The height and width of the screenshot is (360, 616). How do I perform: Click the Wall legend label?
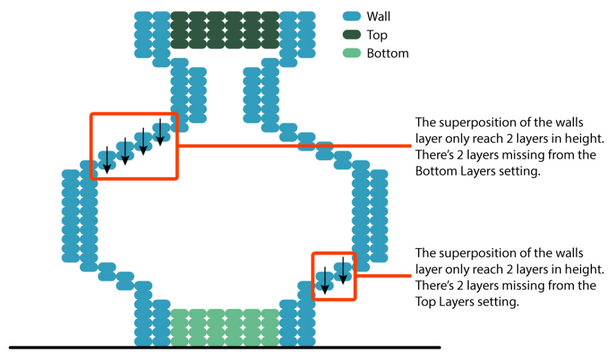(378, 17)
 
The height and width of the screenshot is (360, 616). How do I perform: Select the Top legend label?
(377, 35)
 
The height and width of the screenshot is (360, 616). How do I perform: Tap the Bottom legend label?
(387, 53)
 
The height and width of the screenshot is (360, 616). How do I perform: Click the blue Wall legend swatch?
(352, 17)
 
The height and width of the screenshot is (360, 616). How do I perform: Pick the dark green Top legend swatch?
(352, 35)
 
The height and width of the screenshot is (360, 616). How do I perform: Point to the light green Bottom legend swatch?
(352, 53)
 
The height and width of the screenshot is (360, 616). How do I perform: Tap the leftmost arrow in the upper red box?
(106, 160)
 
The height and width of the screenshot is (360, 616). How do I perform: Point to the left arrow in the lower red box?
(325, 280)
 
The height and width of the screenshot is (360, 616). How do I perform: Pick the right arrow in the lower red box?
(343, 270)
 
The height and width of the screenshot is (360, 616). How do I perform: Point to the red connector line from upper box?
(295, 146)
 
